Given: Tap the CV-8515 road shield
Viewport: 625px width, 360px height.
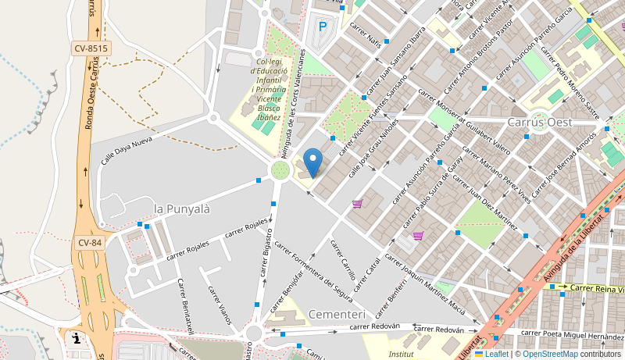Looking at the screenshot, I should coord(91,48).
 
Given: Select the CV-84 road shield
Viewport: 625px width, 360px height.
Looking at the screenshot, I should coord(90,243).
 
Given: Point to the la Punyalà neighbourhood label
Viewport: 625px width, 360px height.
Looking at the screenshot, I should coord(183,209).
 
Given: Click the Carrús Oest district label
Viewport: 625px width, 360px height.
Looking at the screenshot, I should coord(540,123).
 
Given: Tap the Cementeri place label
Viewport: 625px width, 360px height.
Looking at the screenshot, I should coord(337,314).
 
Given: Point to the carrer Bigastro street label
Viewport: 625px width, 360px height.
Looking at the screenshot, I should coord(267,251).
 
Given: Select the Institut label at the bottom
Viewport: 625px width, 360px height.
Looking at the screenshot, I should coord(401,354).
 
